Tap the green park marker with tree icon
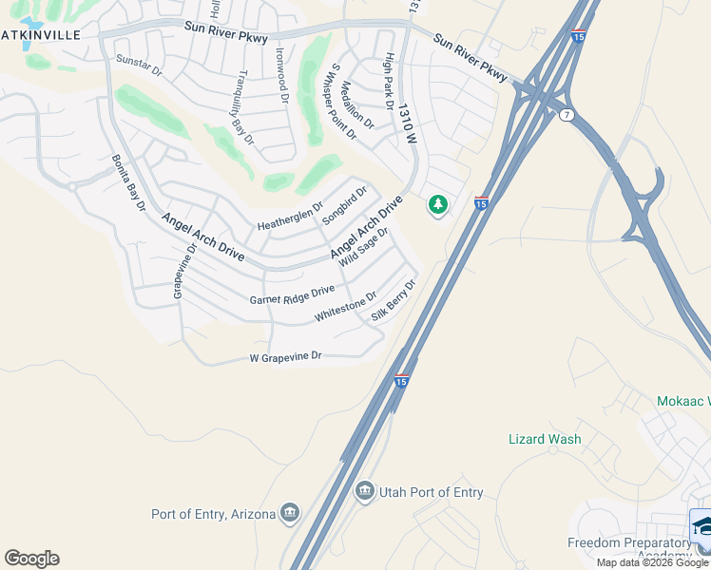[x=437, y=204]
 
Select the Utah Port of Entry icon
[x=364, y=491]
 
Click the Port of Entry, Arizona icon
[x=290, y=514]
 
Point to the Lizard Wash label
[x=545, y=439]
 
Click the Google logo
[x=31, y=559]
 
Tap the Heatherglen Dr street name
[x=291, y=218]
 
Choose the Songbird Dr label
[x=343, y=204]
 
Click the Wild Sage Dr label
[x=364, y=246]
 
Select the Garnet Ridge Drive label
[x=292, y=294]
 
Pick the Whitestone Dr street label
[x=345, y=306]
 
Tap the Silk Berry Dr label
[x=394, y=300]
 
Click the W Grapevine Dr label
[x=286, y=357]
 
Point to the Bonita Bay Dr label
[x=128, y=182]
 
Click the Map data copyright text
[x=652, y=562]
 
